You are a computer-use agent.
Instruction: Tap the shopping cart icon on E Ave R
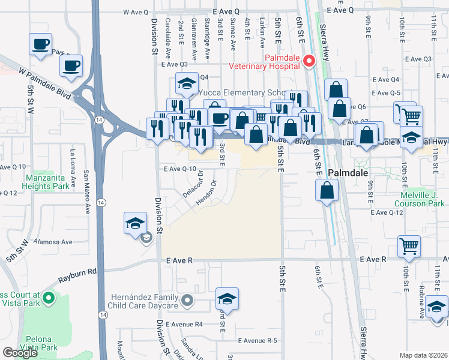point(409,245)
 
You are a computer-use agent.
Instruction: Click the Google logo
point(20,352)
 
